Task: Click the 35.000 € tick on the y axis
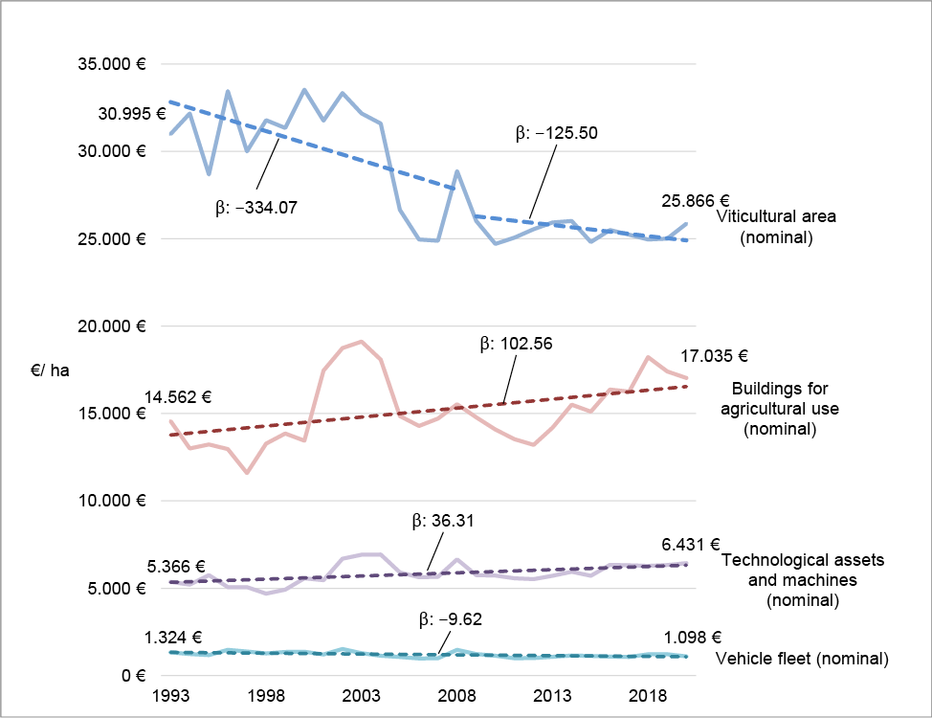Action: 112,63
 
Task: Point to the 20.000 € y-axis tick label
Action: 112,326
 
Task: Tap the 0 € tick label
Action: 134,676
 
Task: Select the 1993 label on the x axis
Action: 170,695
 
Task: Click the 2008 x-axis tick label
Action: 456,695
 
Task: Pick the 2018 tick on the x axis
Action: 647,695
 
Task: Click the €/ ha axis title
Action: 50,370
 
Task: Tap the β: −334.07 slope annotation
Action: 256,208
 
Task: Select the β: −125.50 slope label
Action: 556,133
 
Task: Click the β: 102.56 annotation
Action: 516,344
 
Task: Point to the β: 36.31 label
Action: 443,521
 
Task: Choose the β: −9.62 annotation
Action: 450,619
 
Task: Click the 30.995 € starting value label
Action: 132,114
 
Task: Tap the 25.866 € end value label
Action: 696,201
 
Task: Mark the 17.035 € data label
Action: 714,356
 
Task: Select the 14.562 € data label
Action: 178,397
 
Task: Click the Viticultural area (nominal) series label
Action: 776,227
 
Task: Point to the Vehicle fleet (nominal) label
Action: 802,659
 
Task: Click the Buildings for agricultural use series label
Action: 780,409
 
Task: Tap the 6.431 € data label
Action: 691,545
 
